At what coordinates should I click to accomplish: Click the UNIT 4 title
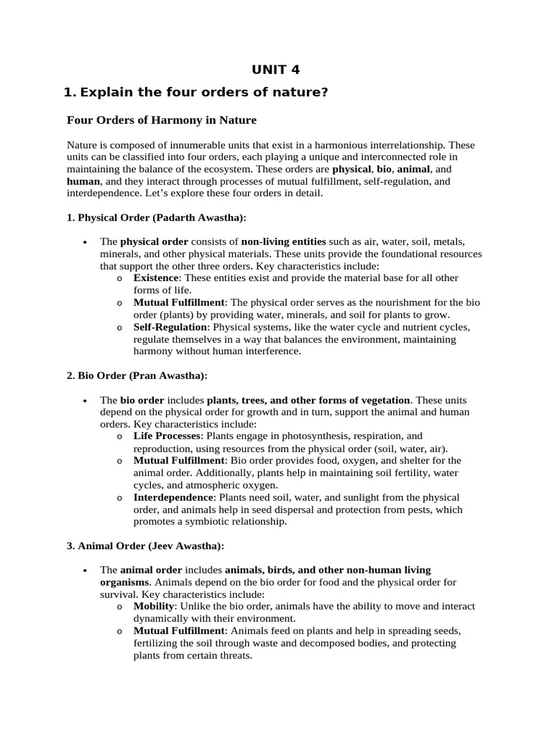pyautogui.click(x=275, y=69)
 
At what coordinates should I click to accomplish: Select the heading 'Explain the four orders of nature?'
pyautogui.click(x=204, y=92)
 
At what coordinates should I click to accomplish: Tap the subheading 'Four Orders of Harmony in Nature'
pyautogui.click(x=161, y=120)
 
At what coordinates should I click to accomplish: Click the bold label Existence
pyautogui.click(x=156, y=278)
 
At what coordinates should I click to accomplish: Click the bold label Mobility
pyautogui.click(x=154, y=607)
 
